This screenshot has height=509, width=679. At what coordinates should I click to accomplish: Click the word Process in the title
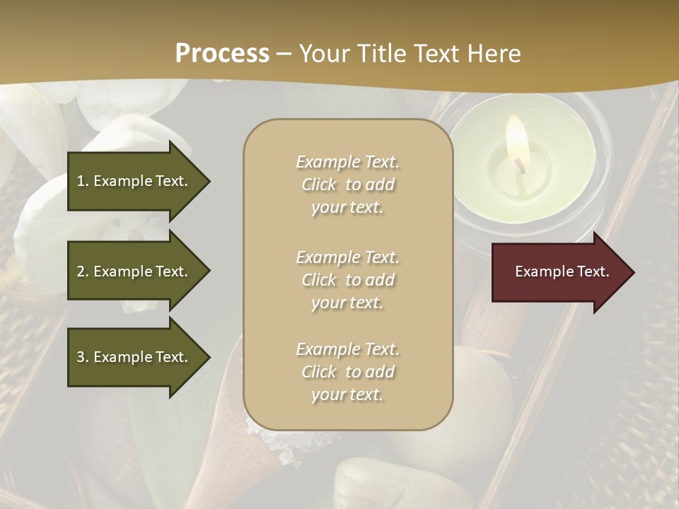[222, 53]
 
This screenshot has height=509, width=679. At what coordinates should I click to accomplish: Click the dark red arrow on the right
[559, 271]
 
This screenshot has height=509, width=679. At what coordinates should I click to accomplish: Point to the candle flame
[516, 138]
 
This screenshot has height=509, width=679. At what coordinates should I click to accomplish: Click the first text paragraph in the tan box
[347, 185]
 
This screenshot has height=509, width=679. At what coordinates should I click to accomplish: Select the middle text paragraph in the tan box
[347, 280]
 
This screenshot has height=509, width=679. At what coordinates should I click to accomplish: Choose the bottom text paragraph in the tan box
[347, 372]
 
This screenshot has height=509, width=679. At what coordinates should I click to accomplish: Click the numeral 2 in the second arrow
[81, 271]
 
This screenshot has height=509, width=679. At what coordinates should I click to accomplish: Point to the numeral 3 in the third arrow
[81, 357]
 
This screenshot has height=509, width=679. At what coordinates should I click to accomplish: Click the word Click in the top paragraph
[319, 185]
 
